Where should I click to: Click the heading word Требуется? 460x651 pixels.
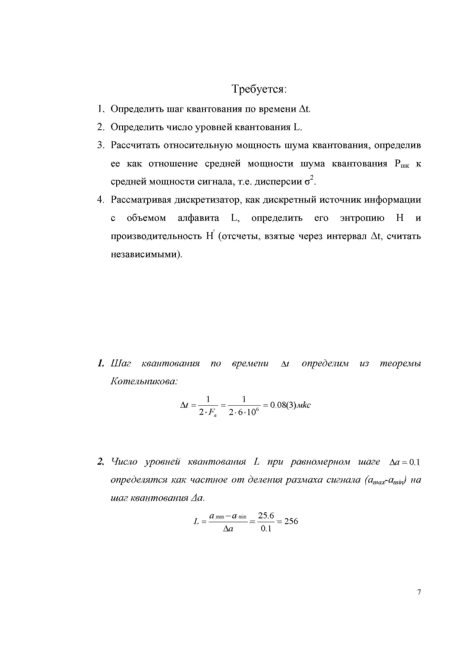pyautogui.click(x=259, y=89)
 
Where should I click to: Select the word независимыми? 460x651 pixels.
pyautogui.click(x=146, y=254)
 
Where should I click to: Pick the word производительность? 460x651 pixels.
pyautogui.click(x=156, y=236)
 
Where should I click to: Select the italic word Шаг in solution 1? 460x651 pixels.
pyautogui.click(x=121, y=363)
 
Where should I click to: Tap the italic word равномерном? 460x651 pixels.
pyautogui.click(x=320, y=462)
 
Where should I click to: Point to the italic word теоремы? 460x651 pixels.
pyautogui.click(x=400, y=363)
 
